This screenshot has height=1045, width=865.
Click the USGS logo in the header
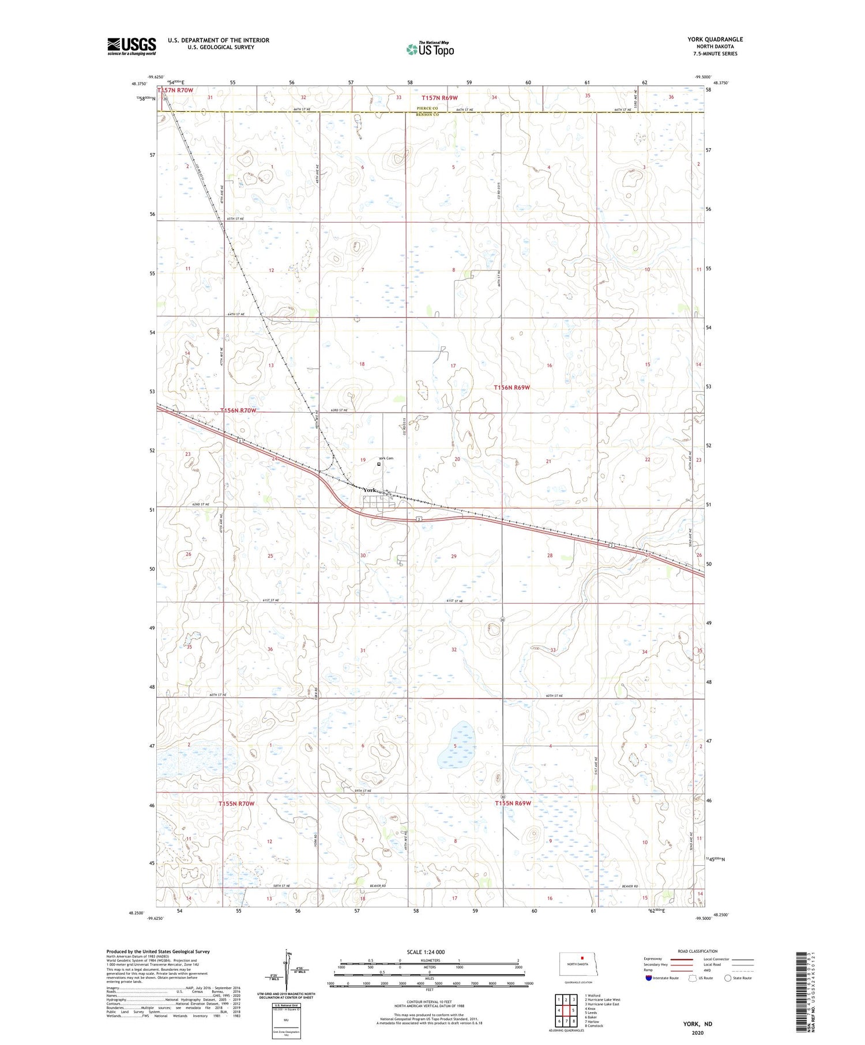[x=131, y=46]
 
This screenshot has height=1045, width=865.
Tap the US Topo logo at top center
[x=430, y=50]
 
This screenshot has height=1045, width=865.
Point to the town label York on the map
[x=370, y=491]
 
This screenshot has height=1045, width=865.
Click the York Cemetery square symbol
[x=379, y=464]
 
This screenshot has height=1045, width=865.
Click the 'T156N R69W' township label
[x=512, y=388]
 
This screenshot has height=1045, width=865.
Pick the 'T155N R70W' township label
[x=236, y=803]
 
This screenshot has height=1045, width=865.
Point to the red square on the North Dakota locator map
[x=582, y=959]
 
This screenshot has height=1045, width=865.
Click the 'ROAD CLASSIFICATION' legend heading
[x=697, y=951]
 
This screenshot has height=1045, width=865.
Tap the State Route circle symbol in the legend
[x=728, y=978]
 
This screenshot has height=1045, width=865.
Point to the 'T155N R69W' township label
[x=513, y=803]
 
